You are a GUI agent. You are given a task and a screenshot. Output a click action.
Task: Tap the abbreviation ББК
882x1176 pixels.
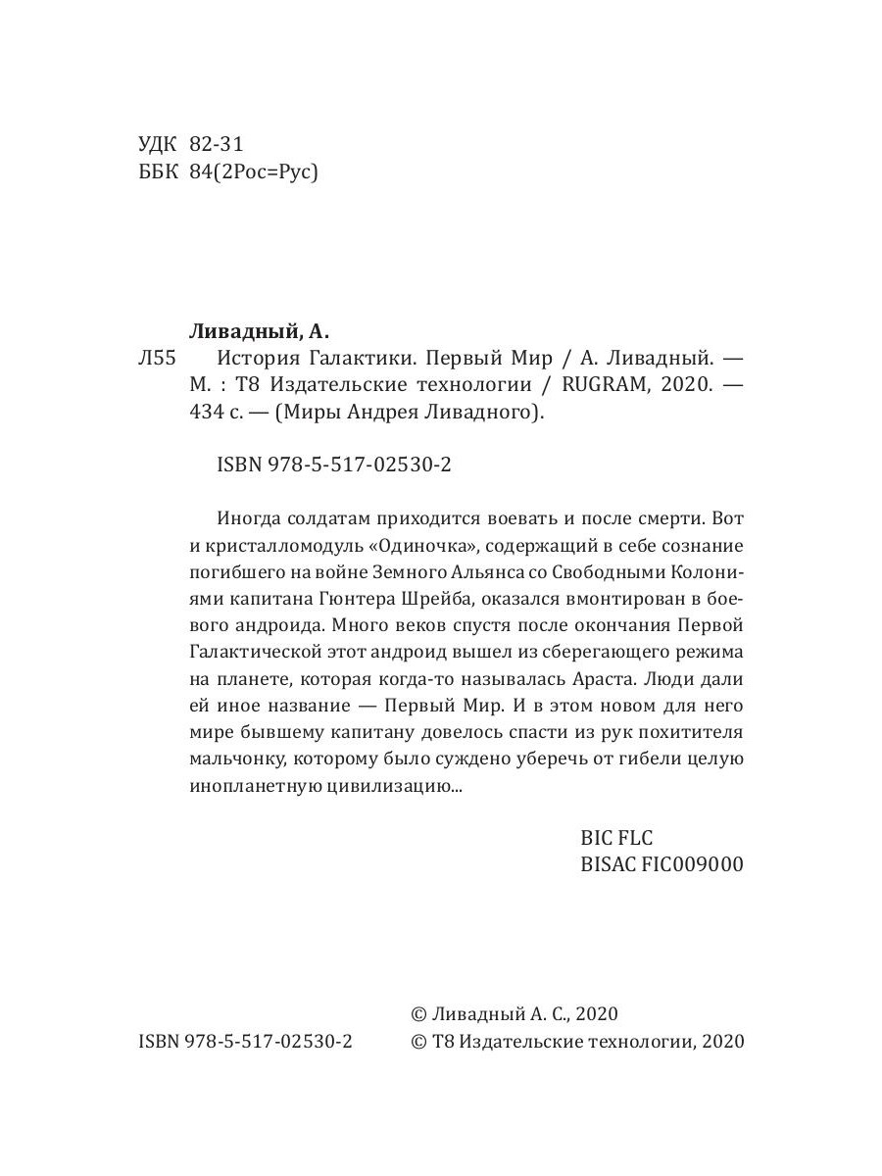coord(160,172)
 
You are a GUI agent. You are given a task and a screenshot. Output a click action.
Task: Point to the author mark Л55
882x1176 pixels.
coord(157,359)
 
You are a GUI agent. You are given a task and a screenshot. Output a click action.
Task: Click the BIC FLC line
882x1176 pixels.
coord(616,838)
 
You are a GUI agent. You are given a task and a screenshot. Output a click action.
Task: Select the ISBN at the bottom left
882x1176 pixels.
coord(246,1041)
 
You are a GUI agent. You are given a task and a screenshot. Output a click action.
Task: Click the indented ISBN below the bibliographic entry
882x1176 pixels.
coord(333,467)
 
